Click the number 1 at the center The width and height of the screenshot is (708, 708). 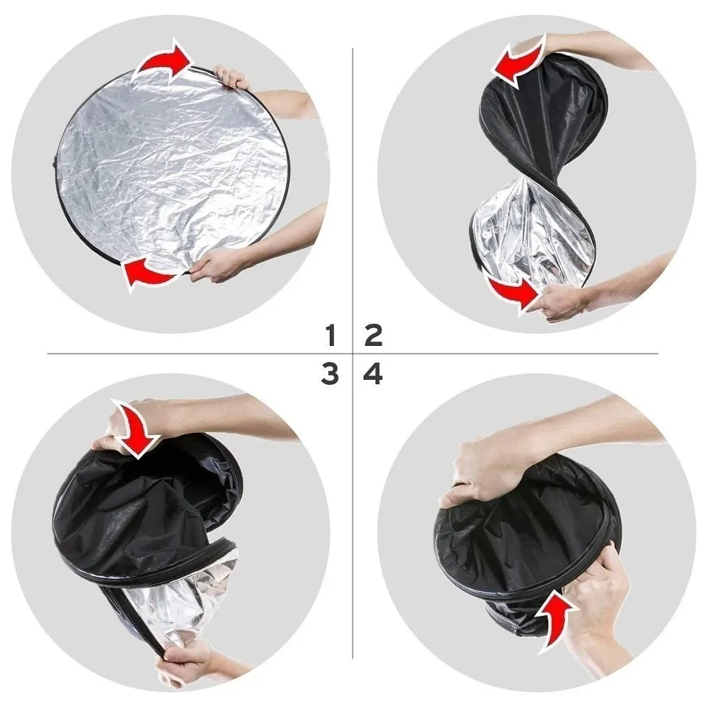tap(330, 336)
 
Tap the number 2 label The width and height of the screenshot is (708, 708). tap(374, 336)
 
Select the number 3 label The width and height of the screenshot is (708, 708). tap(330, 375)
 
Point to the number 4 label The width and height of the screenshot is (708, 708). tap(374, 375)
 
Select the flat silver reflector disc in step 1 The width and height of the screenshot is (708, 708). tap(170, 166)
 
